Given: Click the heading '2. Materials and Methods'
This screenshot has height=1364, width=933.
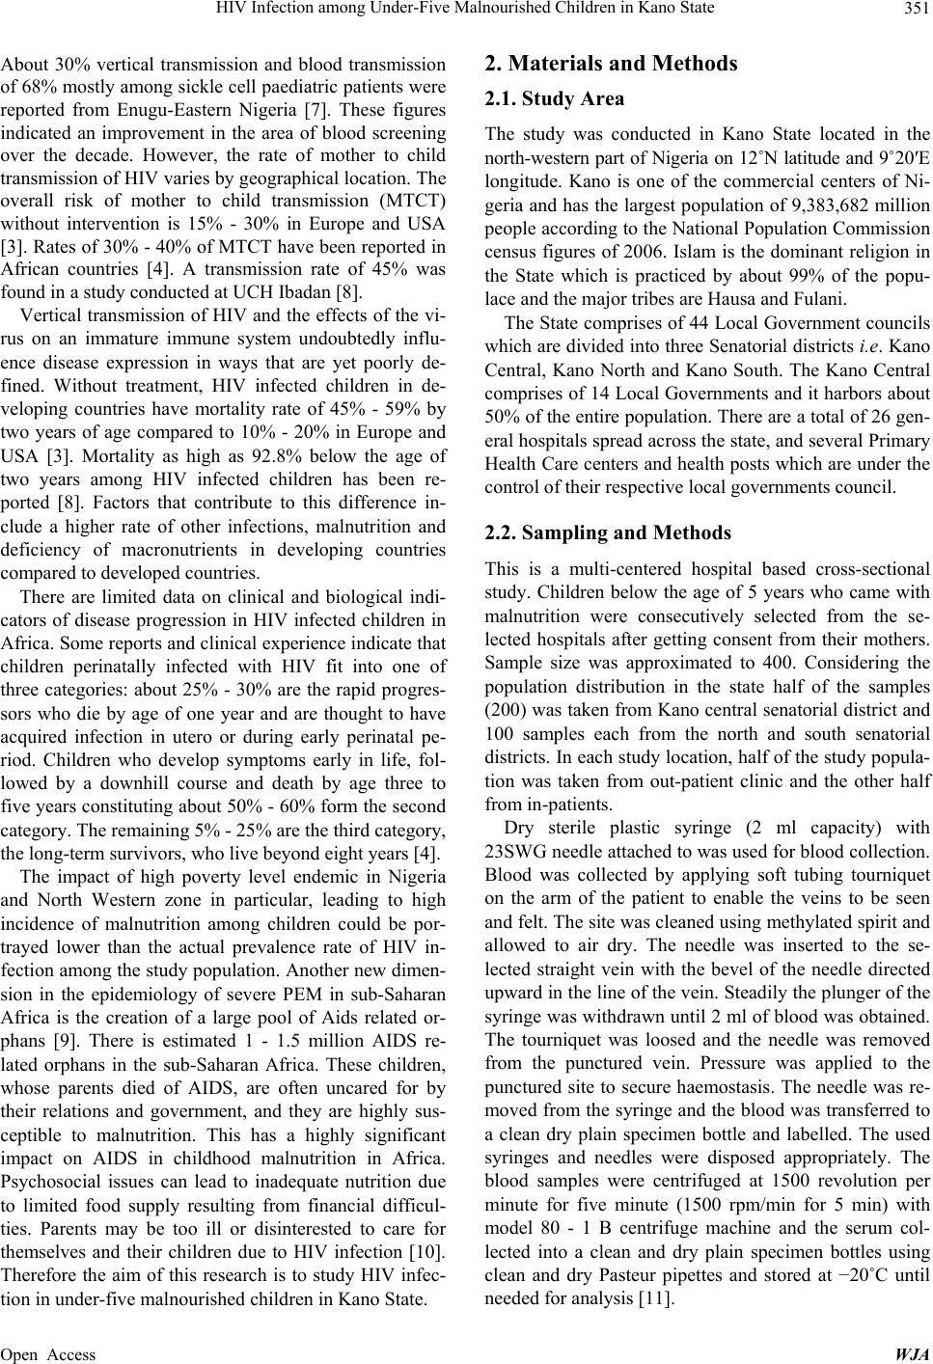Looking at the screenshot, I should point(610,64).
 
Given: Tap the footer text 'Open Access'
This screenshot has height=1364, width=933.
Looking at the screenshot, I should point(48,1354).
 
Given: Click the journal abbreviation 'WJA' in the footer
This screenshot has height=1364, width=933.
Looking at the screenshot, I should point(915,1354).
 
